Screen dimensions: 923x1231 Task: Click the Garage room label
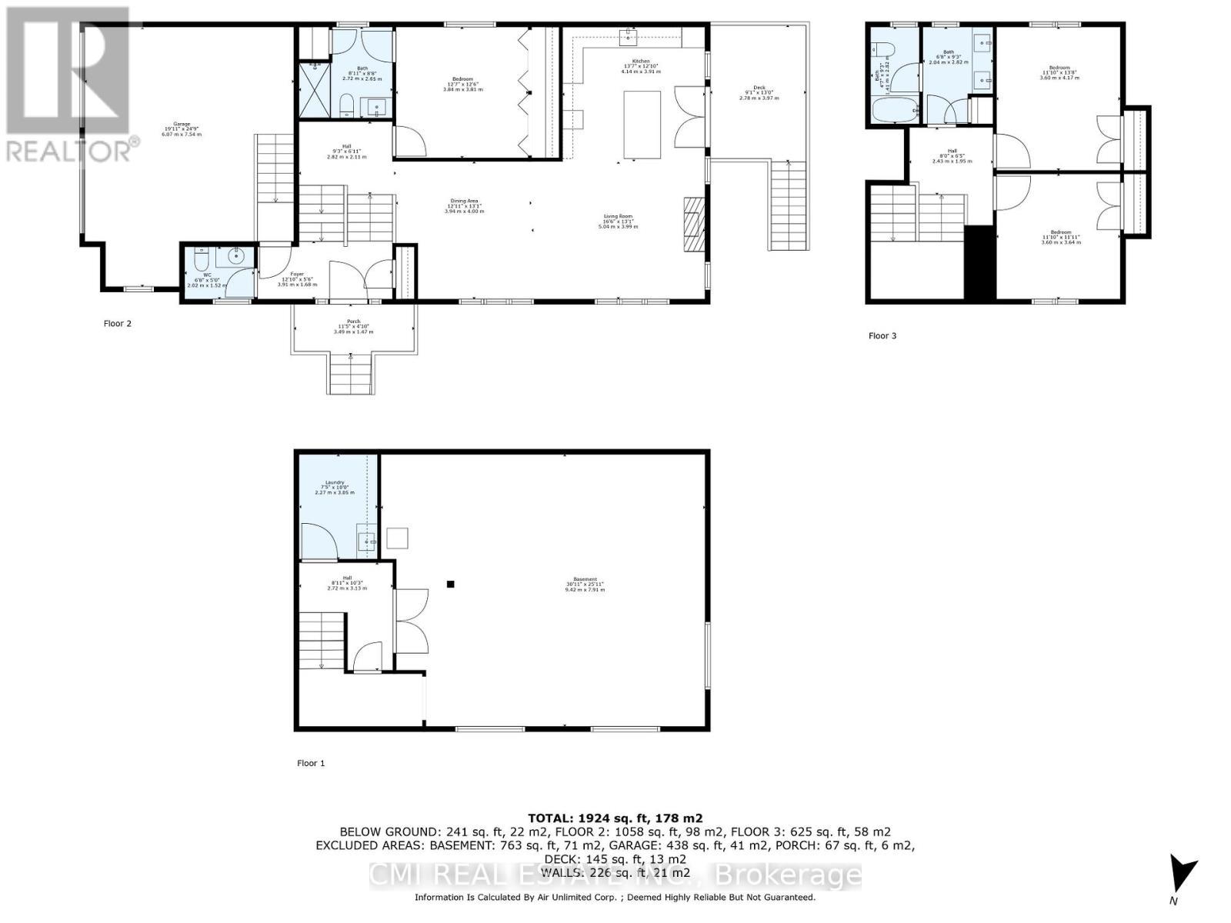[x=182, y=128]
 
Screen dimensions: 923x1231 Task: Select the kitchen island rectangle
[x=642, y=125]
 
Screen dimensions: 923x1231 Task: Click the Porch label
[x=353, y=326]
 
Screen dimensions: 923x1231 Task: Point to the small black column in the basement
[x=451, y=584]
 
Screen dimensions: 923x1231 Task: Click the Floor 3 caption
[x=882, y=335]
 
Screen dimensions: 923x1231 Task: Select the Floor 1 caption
[x=311, y=763]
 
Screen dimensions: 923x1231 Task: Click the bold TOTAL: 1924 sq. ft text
[x=615, y=818]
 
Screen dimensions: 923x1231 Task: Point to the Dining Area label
[x=464, y=205]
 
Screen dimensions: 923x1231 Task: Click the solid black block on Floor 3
[x=980, y=262]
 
